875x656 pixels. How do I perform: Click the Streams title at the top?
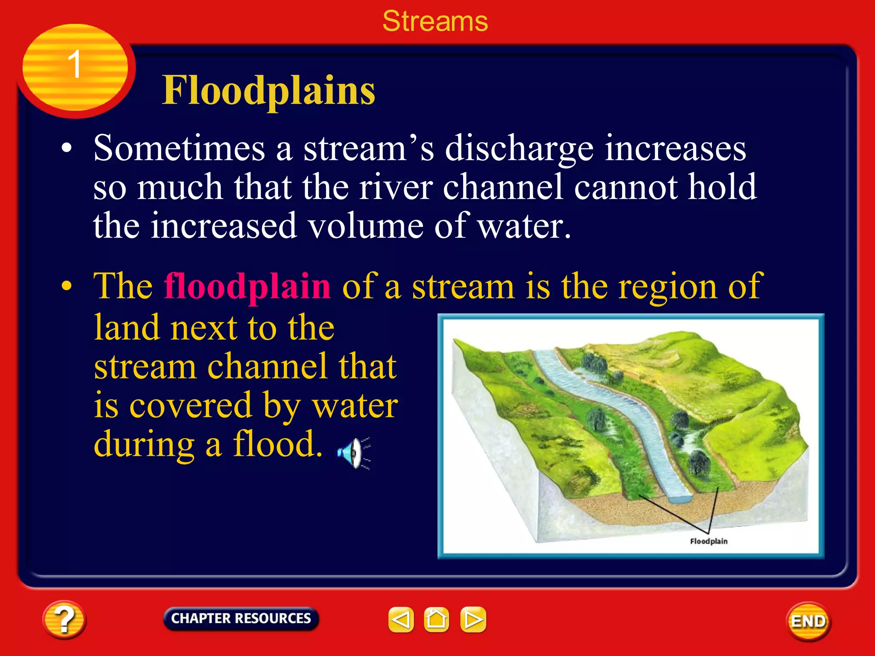coord(435,21)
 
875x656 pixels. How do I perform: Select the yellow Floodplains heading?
coord(268,91)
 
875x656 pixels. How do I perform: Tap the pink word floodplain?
coord(247,287)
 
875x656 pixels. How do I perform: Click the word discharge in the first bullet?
coord(519,149)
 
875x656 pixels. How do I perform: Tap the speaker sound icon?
coord(353,453)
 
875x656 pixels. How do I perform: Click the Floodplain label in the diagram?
coord(708,541)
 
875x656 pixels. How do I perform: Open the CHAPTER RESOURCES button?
coord(241,618)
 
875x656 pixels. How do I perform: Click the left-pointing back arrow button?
coord(401,619)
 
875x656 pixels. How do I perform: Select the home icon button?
coord(436,619)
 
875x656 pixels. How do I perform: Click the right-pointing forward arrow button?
coord(473,619)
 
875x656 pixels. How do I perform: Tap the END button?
coord(808,621)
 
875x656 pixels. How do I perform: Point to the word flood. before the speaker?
coord(277,444)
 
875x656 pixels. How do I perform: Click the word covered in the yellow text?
coord(191,406)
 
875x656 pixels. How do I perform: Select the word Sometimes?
coord(179,149)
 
